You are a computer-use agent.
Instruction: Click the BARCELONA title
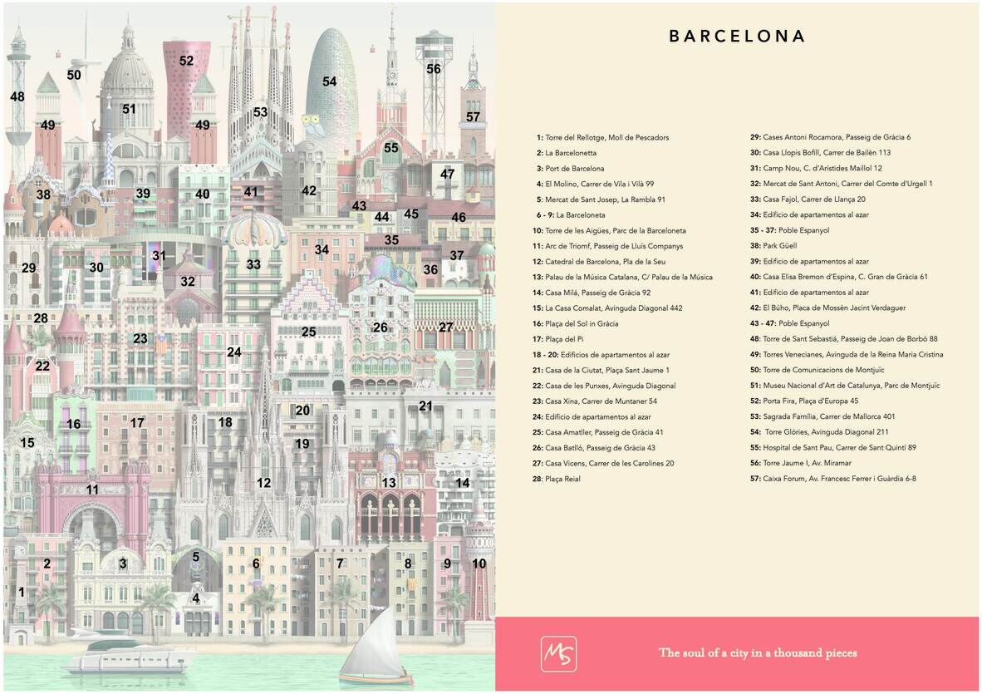tap(737, 37)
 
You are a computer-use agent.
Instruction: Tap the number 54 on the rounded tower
tap(330, 81)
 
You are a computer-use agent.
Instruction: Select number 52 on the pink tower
tap(186, 61)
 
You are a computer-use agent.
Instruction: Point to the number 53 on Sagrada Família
tap(261, 112)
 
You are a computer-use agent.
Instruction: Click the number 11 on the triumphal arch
tap(92, 490)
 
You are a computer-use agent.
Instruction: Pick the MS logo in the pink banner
tap(558, 653)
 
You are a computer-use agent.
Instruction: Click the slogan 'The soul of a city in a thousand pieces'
tap(758, 652)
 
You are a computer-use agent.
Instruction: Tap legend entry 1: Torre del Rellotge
tap(602, 137)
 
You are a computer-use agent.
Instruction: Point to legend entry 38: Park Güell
tap(784, 245)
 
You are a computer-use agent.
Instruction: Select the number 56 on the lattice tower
tap(434, 69)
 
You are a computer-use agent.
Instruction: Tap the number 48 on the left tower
tap(17, 96)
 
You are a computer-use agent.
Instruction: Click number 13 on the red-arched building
tap(389, 482)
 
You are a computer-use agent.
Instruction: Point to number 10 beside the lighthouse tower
tap(479, 564)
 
